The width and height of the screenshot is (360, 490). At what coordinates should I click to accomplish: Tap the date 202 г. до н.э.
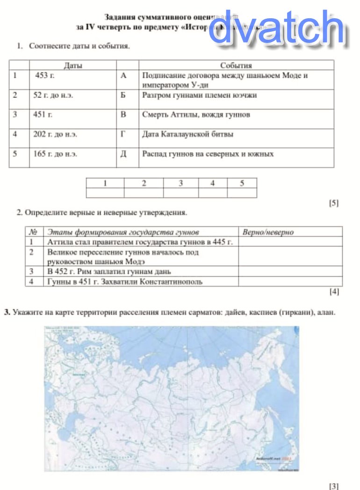coord(55,134)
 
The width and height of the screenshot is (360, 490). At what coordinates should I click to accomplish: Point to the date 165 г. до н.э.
coord(55,154)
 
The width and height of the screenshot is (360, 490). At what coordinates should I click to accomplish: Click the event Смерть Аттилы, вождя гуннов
coord(196,115)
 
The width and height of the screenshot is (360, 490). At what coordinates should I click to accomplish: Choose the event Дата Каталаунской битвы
coord(187,134)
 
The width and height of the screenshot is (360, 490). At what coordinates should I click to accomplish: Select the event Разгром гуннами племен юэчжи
coord(199,95)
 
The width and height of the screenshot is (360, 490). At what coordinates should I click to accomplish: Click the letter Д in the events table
coord(123,154)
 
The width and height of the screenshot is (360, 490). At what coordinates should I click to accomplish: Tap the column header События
coord(236,66)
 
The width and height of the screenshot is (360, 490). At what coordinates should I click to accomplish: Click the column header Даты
coord(73,66)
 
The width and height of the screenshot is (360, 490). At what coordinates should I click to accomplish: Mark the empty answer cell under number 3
coord(180,193)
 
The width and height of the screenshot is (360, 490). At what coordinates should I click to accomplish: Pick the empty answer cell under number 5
coord(242,193)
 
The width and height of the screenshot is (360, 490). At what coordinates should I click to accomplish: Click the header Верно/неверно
coord(268,232)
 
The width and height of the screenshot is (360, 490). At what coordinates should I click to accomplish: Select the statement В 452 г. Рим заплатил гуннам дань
coord(109,271)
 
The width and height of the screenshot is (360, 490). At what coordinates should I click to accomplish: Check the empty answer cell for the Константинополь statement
coord(290,282)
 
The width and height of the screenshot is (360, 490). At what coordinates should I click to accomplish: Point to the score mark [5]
coord(334,203)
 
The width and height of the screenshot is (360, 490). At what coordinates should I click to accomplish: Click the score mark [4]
coord(334,292)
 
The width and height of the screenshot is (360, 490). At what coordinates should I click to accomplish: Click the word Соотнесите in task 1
coord(48,46)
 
